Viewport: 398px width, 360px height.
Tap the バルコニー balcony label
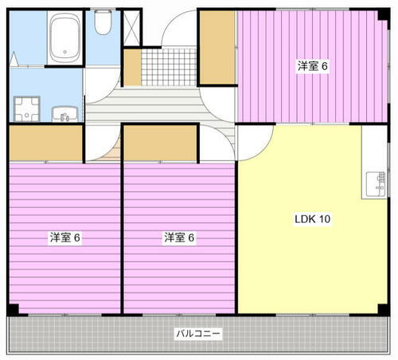[x=199, y=333]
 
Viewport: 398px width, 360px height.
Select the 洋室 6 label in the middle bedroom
[x=180, y=237]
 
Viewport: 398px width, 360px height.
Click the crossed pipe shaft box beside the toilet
[x=131, y=24]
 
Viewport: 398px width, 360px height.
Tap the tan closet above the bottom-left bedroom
[x=46, y=143]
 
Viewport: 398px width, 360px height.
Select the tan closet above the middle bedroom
[x=160, y=143]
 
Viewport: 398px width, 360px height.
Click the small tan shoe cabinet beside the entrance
[x=131, y=68]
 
